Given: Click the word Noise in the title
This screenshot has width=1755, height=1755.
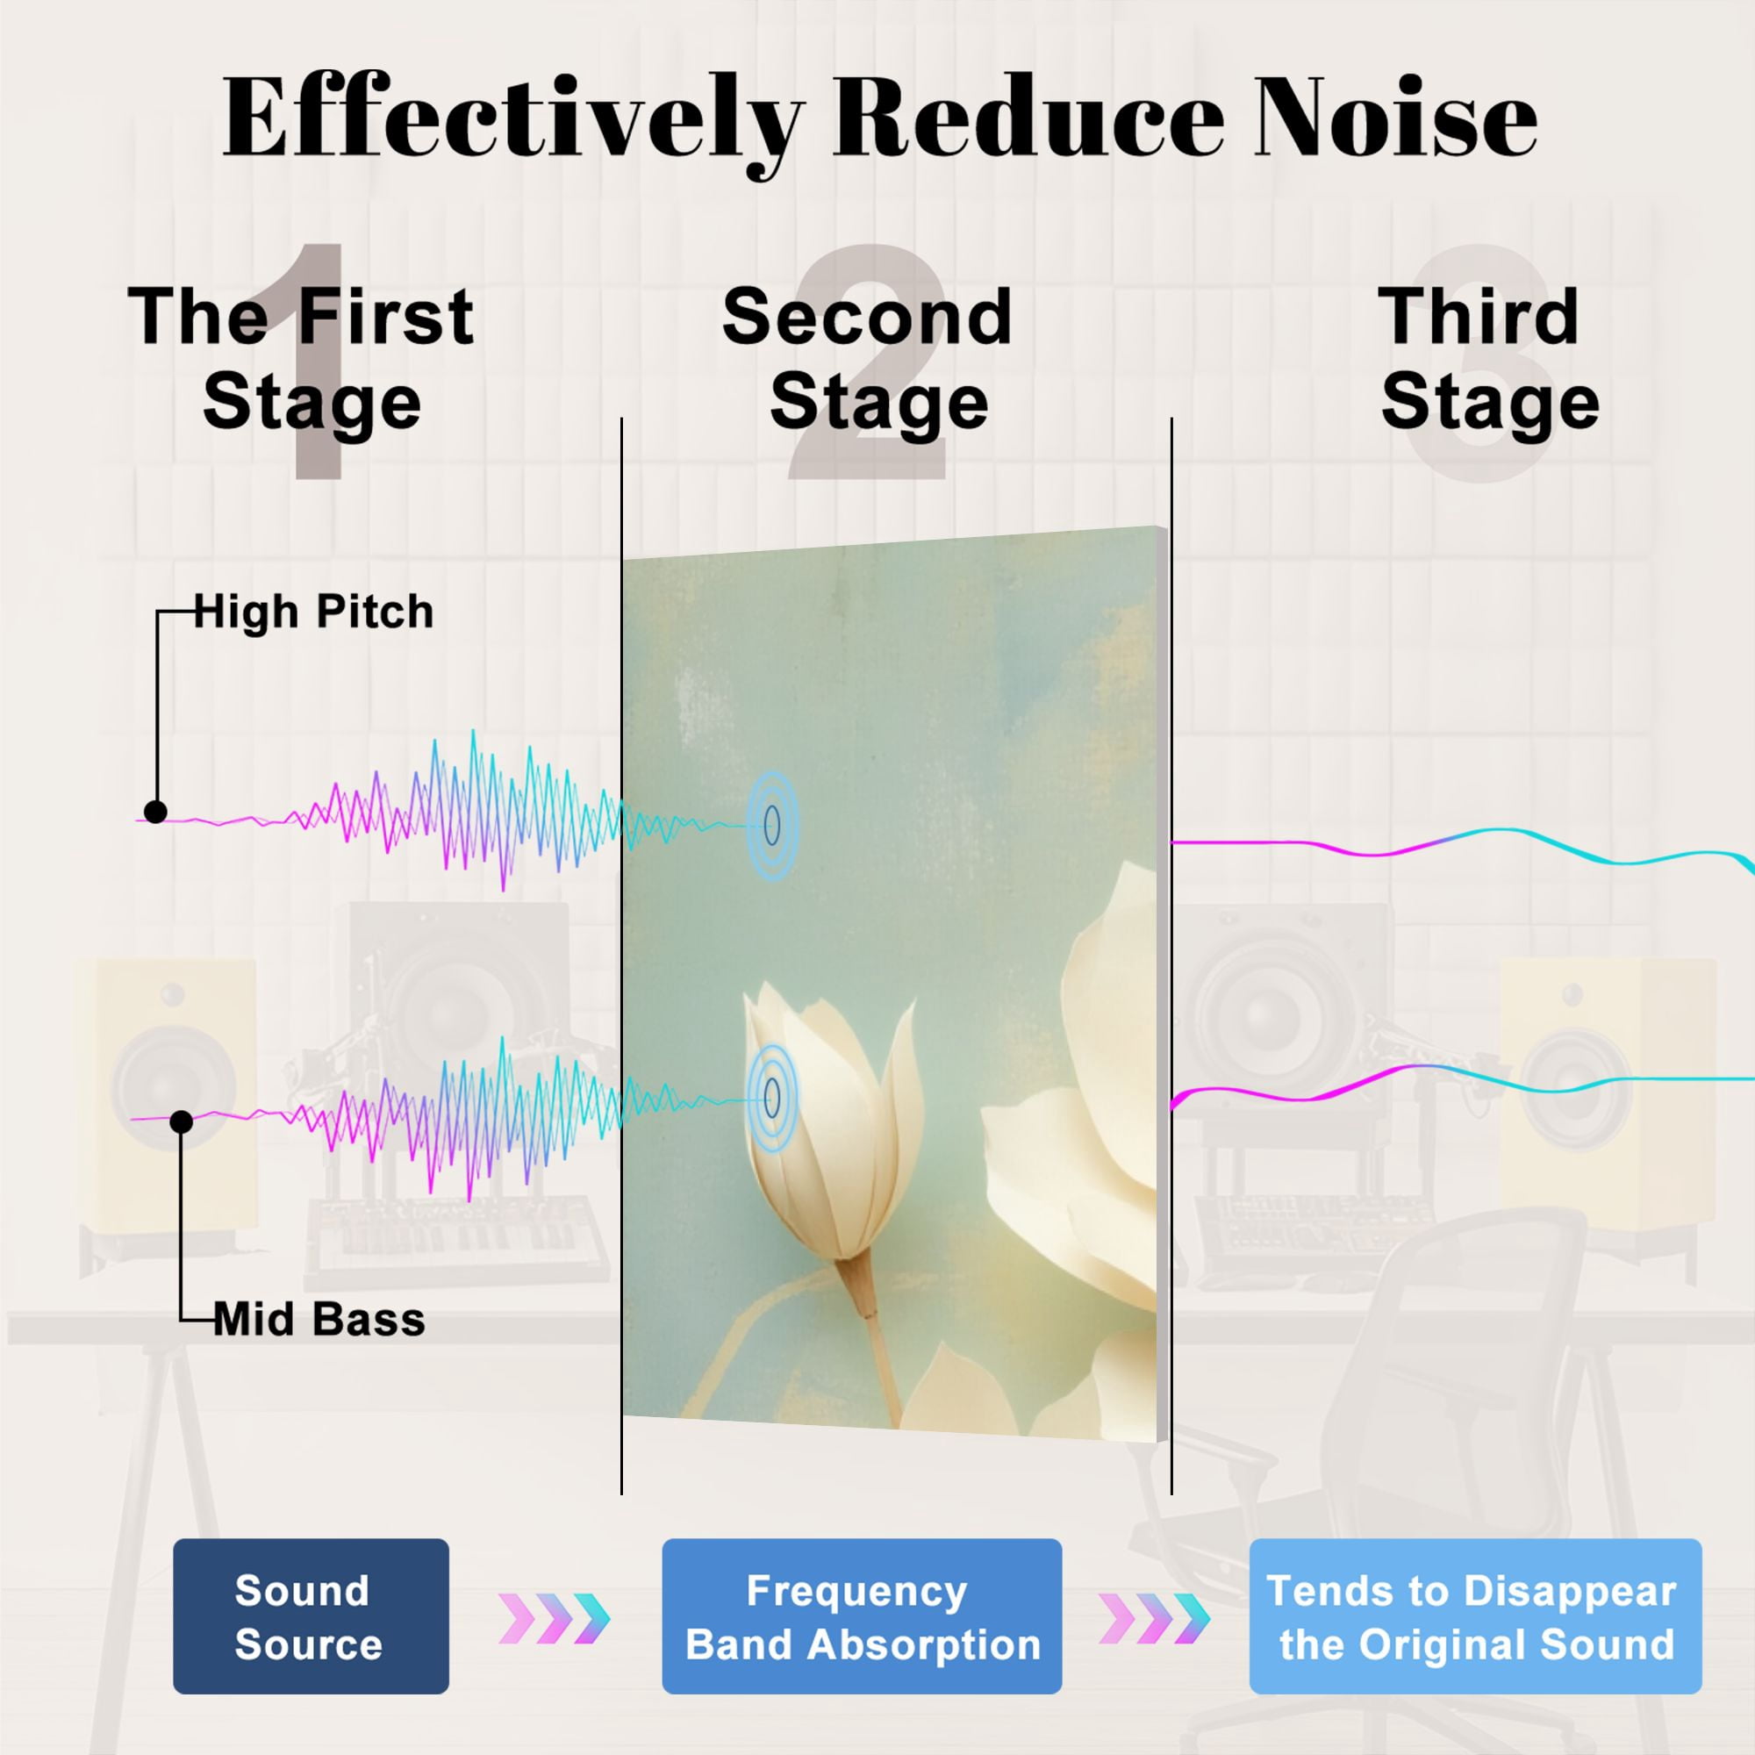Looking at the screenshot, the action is [1396, 118].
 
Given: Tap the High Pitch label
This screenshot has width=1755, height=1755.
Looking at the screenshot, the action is [313, 612].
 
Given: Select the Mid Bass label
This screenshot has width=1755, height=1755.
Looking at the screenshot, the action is [319, 1319].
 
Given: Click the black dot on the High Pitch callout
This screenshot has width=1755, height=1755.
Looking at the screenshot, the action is [155, 812].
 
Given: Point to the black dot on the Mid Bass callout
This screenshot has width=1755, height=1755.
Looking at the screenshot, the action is [182, 1121].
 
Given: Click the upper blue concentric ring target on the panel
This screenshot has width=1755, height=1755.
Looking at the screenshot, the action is [772, 826].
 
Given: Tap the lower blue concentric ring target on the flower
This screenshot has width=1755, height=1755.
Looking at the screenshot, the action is [772, 1099].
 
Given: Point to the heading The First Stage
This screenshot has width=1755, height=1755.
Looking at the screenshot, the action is [302, 359].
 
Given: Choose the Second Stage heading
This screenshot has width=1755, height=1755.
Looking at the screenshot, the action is [868, 359].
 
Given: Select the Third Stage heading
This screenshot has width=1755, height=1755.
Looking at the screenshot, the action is [1489, 359].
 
